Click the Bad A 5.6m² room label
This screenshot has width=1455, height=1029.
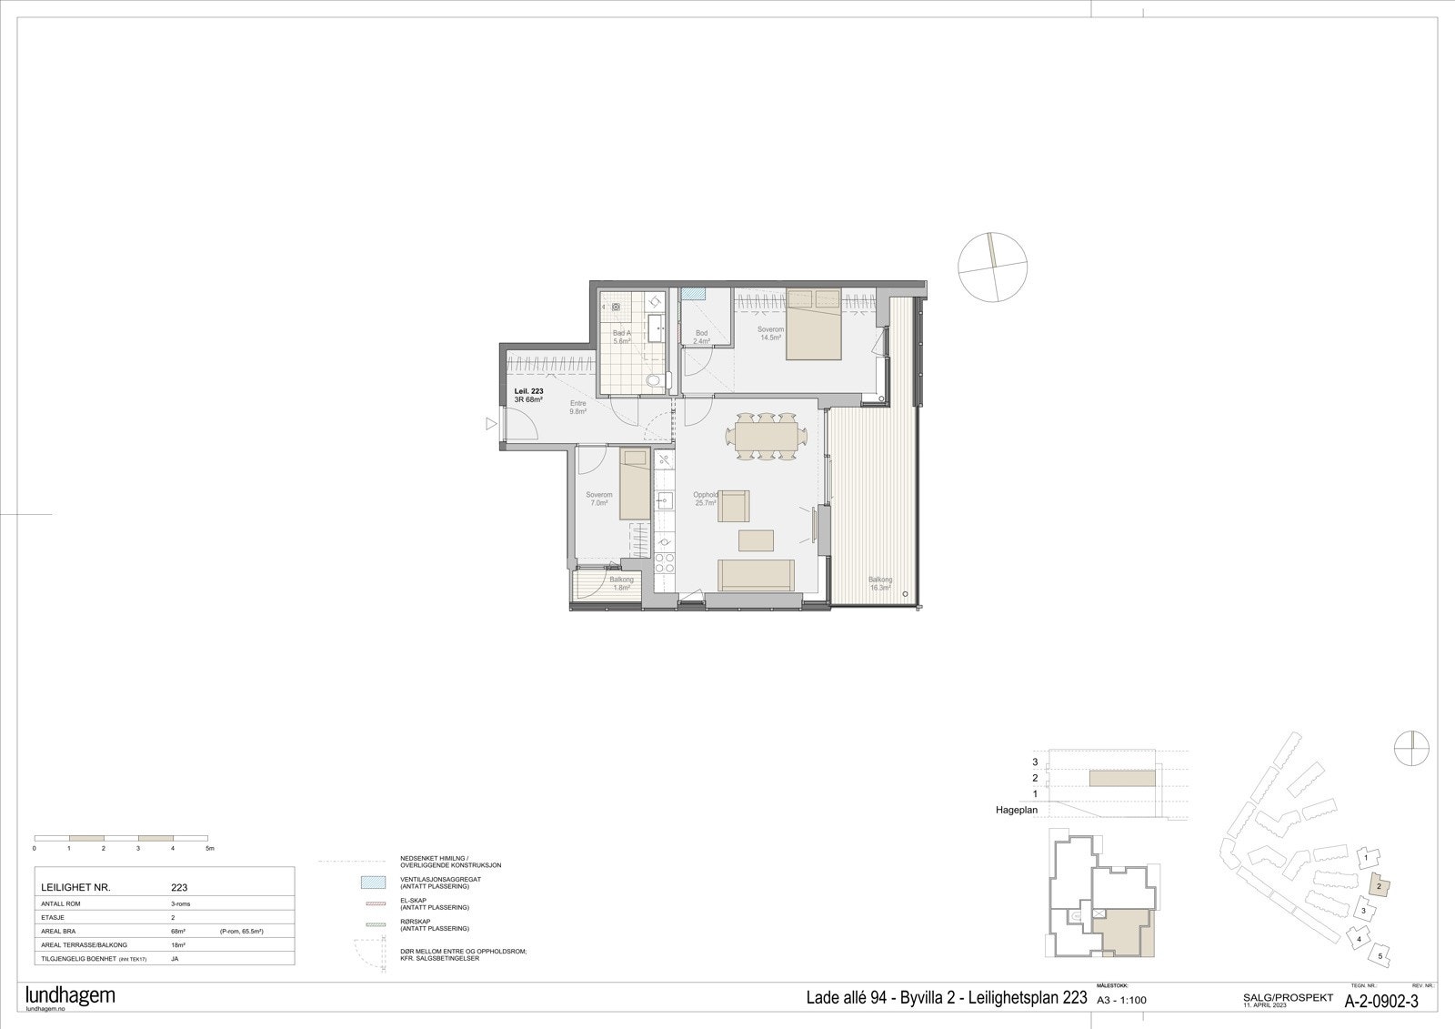pyautogui.click(x=622, y=337)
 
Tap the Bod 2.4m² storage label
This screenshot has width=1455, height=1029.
pyautogui.click(x=701, y=338)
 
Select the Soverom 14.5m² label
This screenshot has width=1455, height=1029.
pyautogui.click(x=771, y=333)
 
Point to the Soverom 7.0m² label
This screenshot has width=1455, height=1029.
pyautogui.click(x=599, y=499)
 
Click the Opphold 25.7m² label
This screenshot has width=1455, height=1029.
pyautogui.click(x=706, y=499)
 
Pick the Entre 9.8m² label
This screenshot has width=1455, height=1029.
pyautogui.click(x=577, y=408)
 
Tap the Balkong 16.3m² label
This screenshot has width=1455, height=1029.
pyautogui.click(x=879, y=583)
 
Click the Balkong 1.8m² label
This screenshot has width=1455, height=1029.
pyautogui.click(x=621, y=583)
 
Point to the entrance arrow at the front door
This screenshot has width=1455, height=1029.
pyautogui.click(x=491, y=423)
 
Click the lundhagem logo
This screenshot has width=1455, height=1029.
pyautogui.click(x=70, y=995)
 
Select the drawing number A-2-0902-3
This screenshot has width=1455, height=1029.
pyautogui.click(x=1381, y=1001)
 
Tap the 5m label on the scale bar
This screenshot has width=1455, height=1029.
pyautogui.click(x=210, y=848)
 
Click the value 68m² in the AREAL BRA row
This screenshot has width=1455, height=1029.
pyautogui.click(x=178, y=932)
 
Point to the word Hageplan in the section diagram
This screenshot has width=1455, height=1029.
pyautogui.click(x=1017, y=809)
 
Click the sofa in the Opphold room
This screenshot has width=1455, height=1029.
pyautogui.click(x=756, y=574)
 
